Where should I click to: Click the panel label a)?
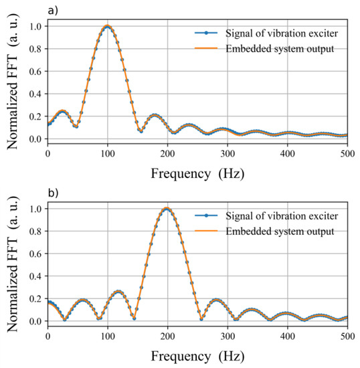[53, 9]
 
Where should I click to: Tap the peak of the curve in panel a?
[107, 27]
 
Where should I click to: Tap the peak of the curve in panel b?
[167, 209]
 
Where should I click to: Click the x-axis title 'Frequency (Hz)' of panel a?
[197, 172]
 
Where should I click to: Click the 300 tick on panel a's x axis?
[227, 153]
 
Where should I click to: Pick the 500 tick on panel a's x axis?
[347, 153]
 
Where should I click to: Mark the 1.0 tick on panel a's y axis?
[35, 27]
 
